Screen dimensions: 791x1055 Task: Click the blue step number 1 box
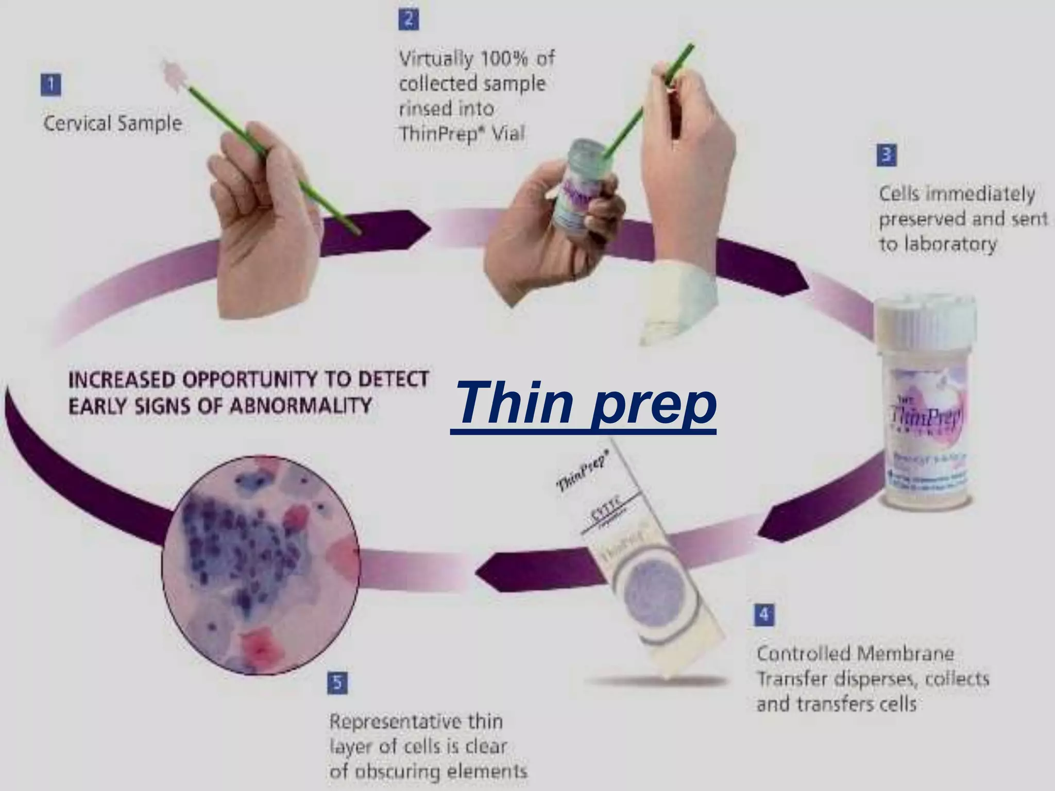tap(51, 85)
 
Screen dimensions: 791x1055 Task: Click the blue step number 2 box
tap(409, 20)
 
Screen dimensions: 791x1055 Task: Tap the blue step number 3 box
tap(887, 155)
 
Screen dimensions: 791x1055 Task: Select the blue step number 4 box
tap(764, 614)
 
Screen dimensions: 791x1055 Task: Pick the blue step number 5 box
tap(337, 683)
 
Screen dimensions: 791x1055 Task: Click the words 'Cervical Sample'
tap(113, 124)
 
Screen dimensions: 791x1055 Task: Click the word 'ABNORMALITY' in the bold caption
tap(300, 406)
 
